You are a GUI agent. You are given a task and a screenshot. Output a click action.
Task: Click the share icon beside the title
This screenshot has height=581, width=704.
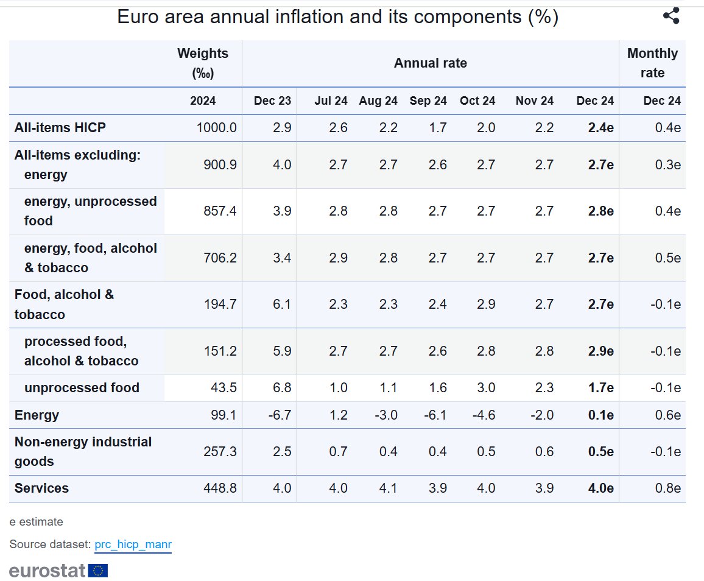[x=671, y=16]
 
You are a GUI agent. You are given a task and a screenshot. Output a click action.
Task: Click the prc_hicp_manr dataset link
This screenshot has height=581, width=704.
[x=133, y=544]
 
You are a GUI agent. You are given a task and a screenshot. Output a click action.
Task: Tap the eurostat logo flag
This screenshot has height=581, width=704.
[x=98, y=571]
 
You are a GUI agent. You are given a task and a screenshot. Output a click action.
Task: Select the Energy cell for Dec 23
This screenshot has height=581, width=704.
[x=280, y=415]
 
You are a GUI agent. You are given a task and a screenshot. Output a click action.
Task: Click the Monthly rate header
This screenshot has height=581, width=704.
[x=652, y=63]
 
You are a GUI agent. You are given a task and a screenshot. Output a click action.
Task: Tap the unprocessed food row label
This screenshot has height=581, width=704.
[x=82, y=388]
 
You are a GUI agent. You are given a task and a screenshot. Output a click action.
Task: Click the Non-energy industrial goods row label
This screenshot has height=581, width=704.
[x=83, y=451]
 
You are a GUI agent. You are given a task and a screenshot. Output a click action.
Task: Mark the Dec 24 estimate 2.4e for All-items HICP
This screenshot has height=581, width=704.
[x=600, y=128]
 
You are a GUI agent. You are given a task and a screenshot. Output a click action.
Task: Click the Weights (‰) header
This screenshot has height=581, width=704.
[x=202, y=63]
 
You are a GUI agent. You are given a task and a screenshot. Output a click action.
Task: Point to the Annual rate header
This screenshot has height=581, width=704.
[x=430, y=63]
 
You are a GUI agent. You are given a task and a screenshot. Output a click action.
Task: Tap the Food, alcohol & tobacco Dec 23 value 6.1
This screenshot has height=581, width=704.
[x=282, y=304]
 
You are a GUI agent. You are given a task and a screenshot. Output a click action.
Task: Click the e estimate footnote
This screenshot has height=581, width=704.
[x=36, y=522]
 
